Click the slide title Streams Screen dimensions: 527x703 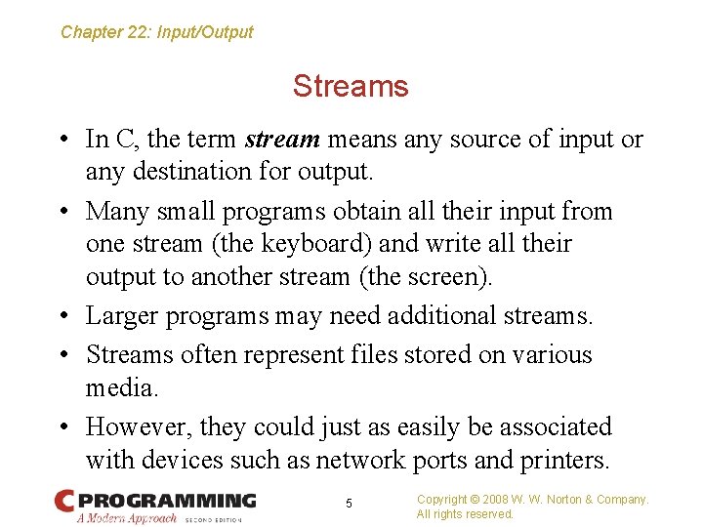[351, 87]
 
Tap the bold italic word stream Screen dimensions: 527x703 [282, 140]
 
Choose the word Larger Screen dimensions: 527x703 [121, 316]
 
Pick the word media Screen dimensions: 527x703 [119, 387]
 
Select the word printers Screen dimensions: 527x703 [571, 460]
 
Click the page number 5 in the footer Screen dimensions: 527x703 [349, 504]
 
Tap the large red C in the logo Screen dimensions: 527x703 [64, 502]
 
